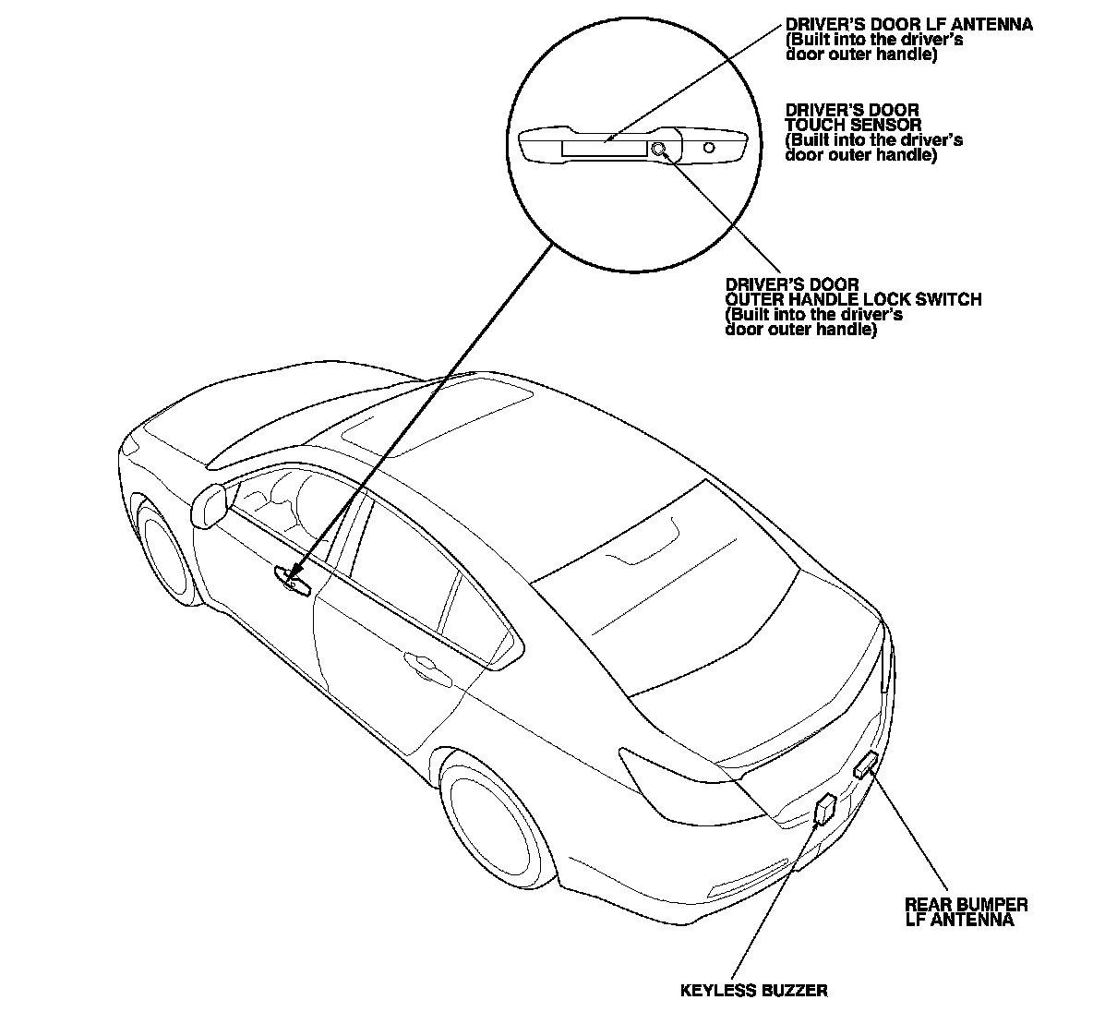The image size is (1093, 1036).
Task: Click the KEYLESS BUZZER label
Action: tap(753, 991)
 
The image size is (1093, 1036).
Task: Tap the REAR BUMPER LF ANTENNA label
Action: tap(966, 912)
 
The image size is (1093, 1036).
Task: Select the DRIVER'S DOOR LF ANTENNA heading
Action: tap(908, 25)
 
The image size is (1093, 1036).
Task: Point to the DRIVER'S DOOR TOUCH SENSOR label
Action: tap(852, 117)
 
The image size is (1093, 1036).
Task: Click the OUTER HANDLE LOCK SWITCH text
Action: tap(853, 299)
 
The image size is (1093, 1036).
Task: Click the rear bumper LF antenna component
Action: tap(866, 765)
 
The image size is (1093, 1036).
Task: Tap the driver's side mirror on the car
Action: tap(210, 505)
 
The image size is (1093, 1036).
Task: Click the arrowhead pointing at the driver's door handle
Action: tap(294, 575)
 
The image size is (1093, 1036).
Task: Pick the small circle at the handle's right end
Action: tap(709, 147)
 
